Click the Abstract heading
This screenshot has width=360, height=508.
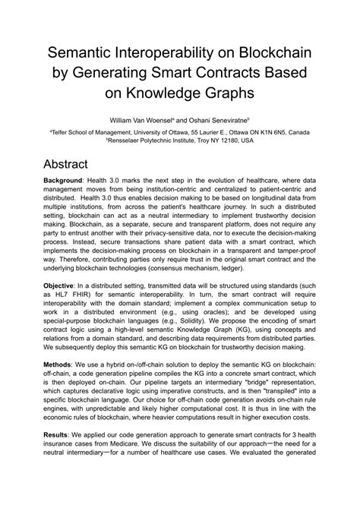[x=77, y=164]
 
